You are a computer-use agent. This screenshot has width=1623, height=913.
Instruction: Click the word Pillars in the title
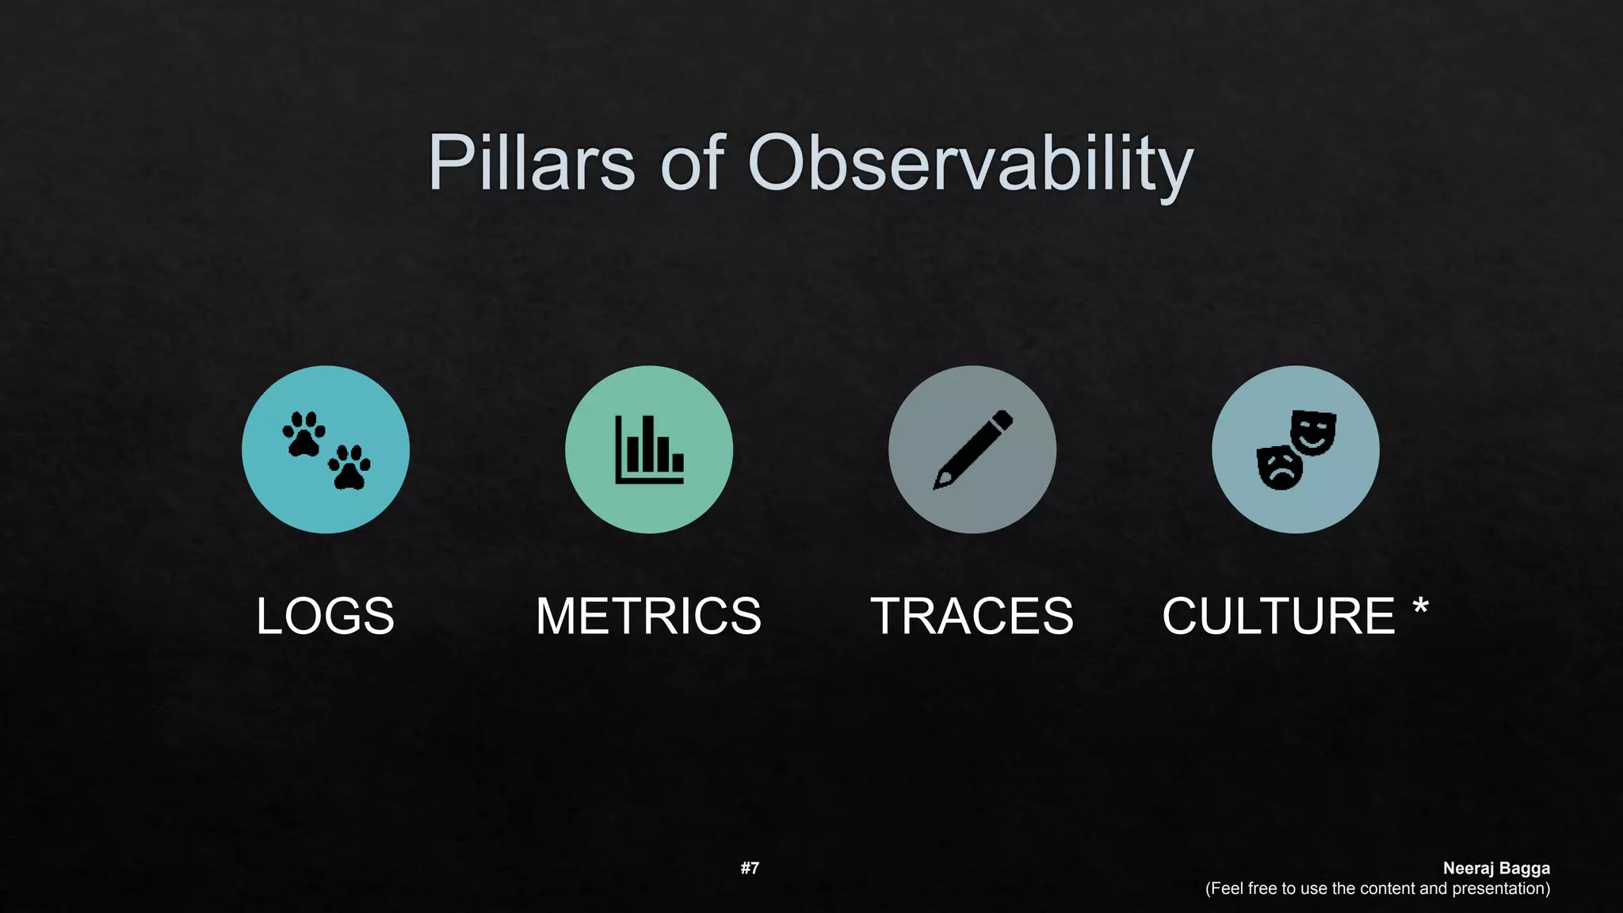(531, 162)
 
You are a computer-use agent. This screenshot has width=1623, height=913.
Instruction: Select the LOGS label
(325, 616)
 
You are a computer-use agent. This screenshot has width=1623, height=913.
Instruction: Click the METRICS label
(648, 616)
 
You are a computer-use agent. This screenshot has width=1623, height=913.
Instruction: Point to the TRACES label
(972, 616)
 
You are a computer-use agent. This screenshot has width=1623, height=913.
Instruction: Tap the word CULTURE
(1277, 616)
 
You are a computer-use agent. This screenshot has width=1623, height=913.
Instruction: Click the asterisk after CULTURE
(1420, 609)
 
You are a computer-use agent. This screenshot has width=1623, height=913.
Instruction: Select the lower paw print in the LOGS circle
(349, 468)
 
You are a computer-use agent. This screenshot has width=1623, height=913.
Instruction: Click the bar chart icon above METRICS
(649, 449)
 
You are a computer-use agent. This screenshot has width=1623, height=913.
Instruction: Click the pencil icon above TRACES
(972, 449)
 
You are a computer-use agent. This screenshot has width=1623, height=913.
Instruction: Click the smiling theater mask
(1313, 432)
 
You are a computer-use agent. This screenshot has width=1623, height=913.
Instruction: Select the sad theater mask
(1278, 468)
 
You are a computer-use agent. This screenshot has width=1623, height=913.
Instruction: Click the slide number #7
(750, 869)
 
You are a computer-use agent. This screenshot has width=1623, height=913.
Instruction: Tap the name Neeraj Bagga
(1495, 869)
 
